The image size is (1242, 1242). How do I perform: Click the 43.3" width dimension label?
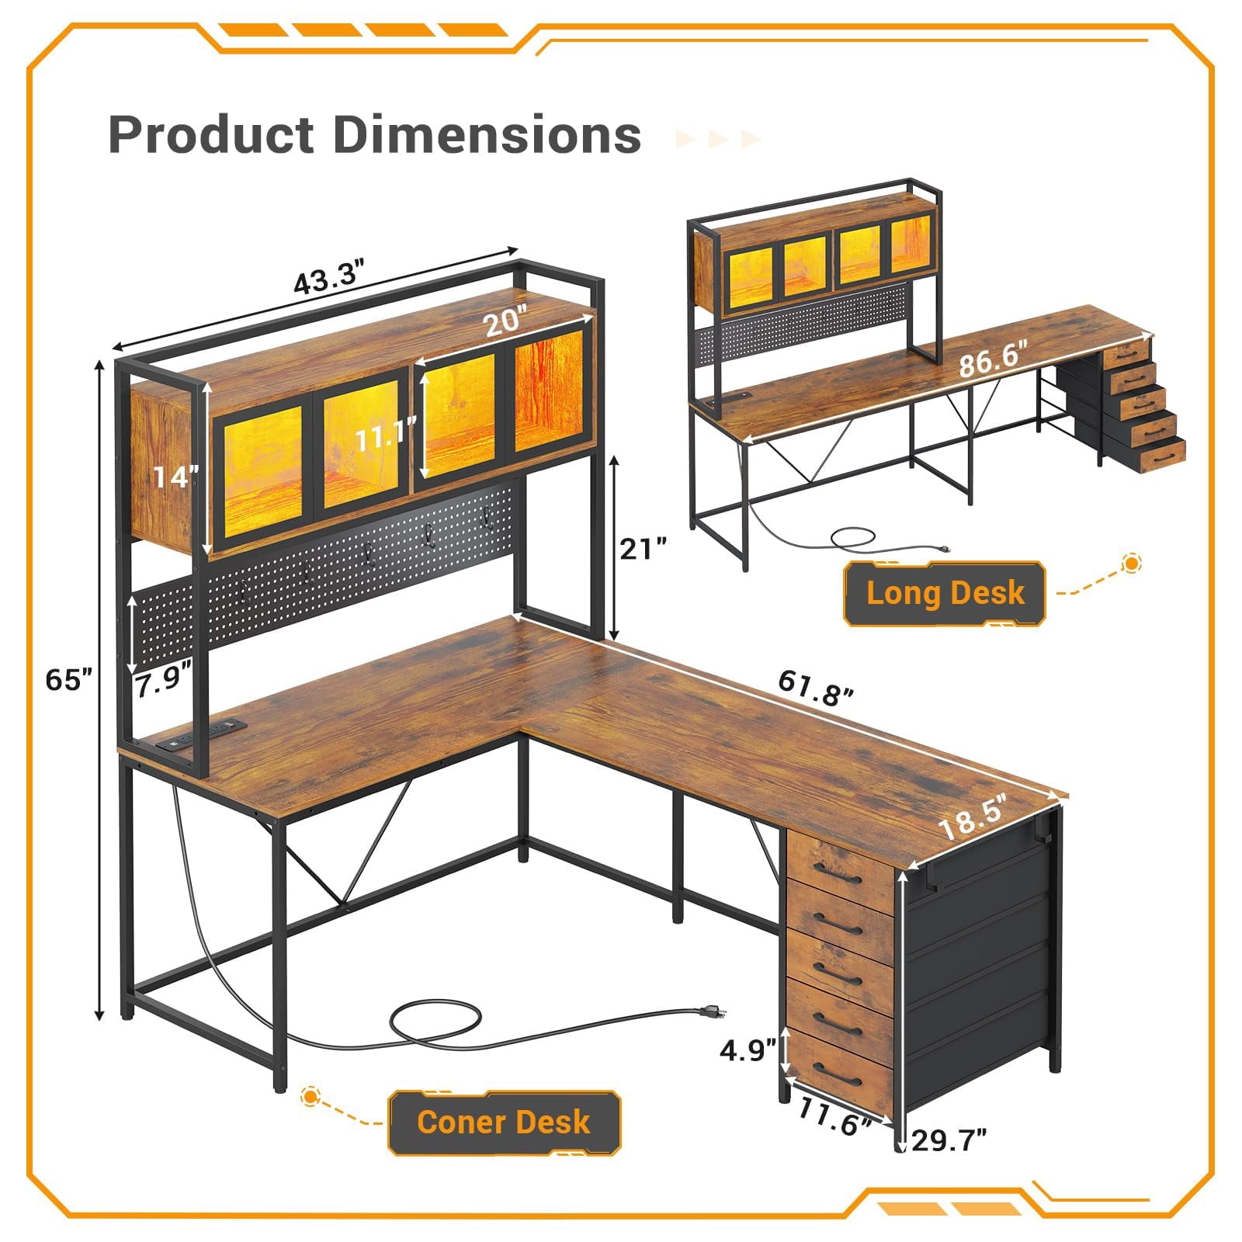tap(329, 278)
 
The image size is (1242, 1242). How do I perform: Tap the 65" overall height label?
tap(69, 680)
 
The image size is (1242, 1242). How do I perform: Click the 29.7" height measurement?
tap(949, 1140)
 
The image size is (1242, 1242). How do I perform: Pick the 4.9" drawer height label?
tap(748, 1050)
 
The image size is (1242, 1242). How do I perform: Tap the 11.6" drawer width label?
tap(834, 1117)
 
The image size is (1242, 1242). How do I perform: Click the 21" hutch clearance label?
tap(643, 549)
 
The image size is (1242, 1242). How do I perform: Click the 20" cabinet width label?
tap(506, 321)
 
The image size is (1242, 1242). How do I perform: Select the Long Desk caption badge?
tap(945, 593)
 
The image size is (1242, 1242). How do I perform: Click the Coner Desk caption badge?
tap(504, 1122)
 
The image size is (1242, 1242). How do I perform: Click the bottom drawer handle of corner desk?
tap(841, 1075)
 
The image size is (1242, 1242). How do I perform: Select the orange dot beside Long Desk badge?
tap(1132, 564)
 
